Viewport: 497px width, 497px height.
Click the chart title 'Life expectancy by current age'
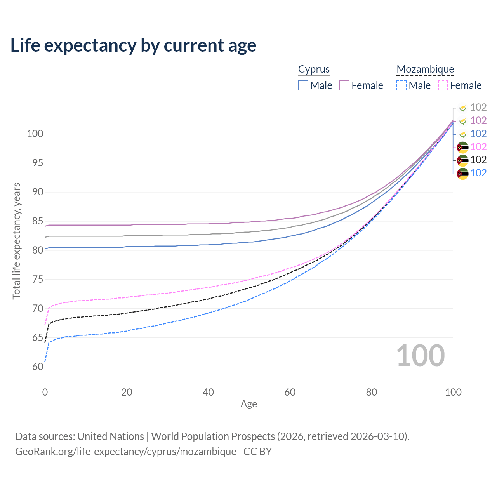(133, 45)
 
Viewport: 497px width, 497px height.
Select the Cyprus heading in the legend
(314, 69)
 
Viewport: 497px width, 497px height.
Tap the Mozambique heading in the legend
(425, 69)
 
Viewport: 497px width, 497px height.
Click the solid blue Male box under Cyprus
(303, 85)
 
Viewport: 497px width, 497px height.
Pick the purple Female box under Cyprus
(344, 85)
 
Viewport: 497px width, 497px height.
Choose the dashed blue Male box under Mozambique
(401, 85)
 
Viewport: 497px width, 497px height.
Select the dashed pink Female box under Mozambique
(443, 85)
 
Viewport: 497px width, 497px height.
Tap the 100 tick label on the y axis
(35, 134)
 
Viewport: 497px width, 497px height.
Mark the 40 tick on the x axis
(209, 392)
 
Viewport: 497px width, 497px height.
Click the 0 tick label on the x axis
(45, 392)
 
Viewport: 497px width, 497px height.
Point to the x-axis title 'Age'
(248, 404)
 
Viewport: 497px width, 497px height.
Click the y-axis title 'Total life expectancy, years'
(16, 241)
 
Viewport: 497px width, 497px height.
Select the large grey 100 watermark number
(420, 356)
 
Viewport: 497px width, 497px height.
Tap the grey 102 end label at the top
(478, 107)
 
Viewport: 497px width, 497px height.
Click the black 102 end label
(478, 160)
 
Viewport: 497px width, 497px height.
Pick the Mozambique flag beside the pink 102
(462, 147)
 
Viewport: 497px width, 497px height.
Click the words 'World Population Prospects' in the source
(213, 436)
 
